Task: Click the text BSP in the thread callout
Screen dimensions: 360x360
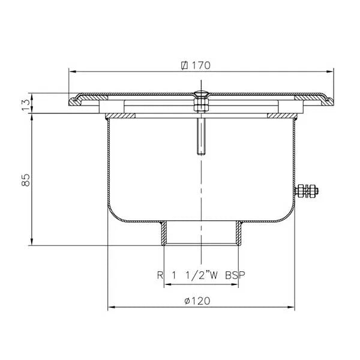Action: click(x=235, y=276)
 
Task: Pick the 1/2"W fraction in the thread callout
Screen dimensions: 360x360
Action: click(x=200, y=276)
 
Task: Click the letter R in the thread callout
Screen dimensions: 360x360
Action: click(x=160, y=276)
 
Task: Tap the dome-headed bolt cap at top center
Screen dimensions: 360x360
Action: click(x=200, y=94)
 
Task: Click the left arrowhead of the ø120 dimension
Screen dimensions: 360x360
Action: click(x=110, y=309)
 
